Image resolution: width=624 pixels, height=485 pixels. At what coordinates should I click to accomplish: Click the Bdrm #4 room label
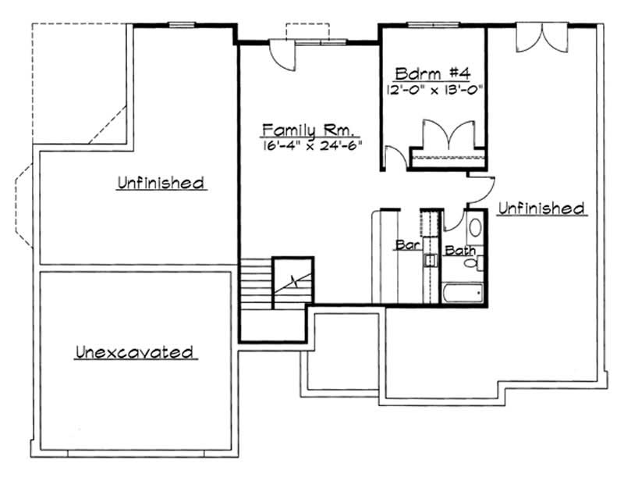pyautogui.click(x=431, y=74)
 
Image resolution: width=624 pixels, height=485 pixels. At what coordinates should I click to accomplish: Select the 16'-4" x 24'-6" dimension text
pyautogui.click(x=313, y=144)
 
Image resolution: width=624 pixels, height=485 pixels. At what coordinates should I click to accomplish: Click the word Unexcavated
pyautogui.click(x=134, y=352)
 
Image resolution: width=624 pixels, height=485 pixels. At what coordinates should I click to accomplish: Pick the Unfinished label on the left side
pyautogui.click(x=161, y=184)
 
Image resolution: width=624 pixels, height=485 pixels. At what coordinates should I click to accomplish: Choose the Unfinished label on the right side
pyautogui.click(x=541, y=208)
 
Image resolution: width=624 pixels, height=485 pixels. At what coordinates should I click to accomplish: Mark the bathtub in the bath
pyautogui.click(x=462, y=294)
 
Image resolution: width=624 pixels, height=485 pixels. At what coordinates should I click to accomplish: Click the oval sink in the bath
pyautogui.click(x=476, y=227)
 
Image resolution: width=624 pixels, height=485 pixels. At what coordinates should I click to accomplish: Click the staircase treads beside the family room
pyautogui.click(x=255, y=286)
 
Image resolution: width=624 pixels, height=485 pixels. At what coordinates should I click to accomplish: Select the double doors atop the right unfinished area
pyautogui.click(x=538, y=38)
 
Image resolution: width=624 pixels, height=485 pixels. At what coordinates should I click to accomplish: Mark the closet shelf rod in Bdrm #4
pyautogui.click(x=447, y=158)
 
